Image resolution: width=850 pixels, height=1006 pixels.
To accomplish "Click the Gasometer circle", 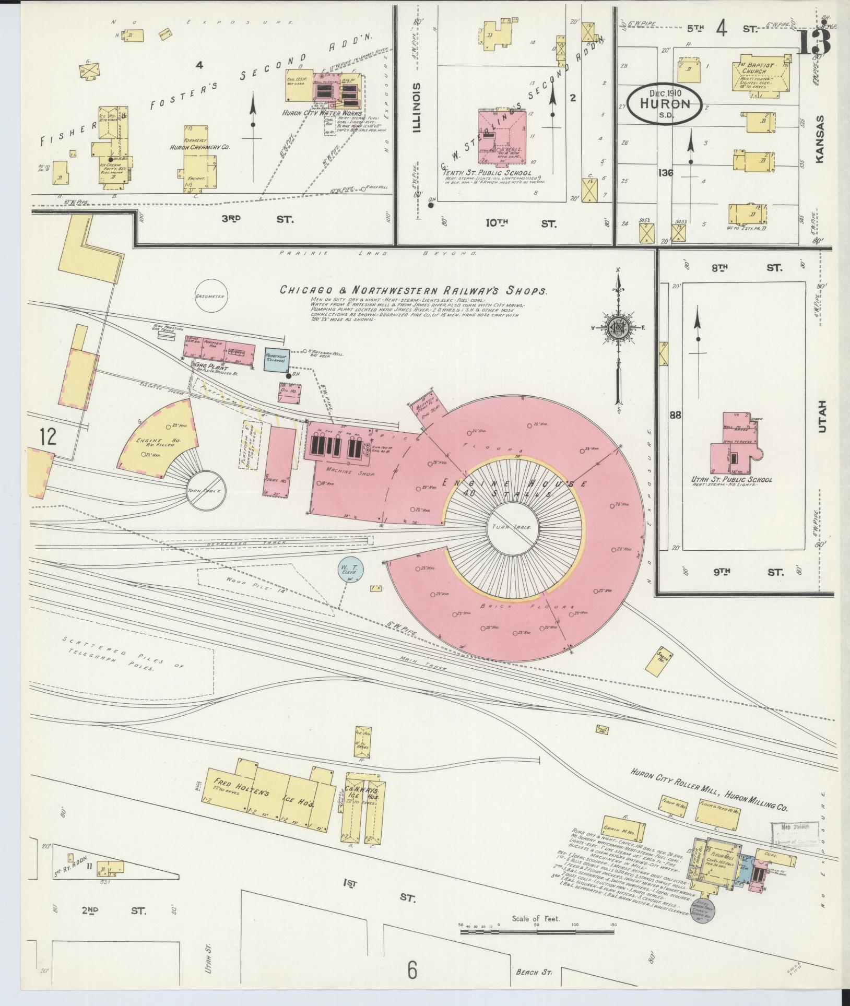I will click(x=209, y=296).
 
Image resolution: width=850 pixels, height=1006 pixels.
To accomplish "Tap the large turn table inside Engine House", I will click(x=511, y=527).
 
